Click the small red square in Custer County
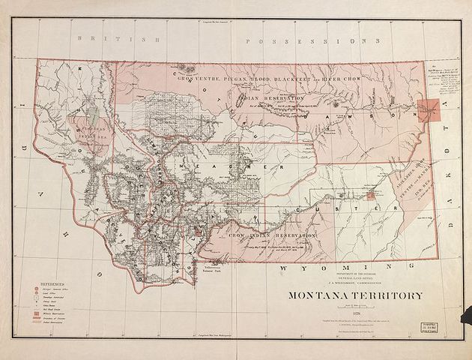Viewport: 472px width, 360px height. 370,196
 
